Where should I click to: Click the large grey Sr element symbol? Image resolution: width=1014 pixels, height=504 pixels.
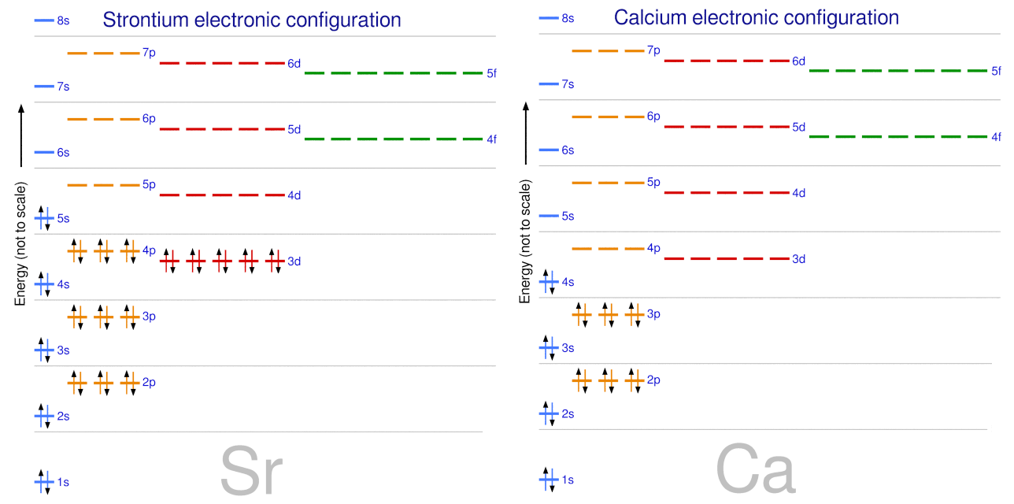coord(250,471)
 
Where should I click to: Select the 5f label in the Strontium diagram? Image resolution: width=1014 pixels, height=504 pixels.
coord(491,73)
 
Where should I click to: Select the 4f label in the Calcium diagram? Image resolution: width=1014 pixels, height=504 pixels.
coord(996,137)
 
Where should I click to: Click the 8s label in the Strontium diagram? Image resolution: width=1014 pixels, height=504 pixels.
coord(63,20)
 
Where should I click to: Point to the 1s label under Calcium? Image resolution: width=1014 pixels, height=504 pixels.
coord(568,480)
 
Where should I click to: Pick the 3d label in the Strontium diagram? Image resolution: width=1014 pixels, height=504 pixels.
coord(294,261)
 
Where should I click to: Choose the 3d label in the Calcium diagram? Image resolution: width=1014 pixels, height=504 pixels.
coord(798,259)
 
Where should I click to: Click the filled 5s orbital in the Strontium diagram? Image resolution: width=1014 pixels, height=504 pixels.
coord(44,218)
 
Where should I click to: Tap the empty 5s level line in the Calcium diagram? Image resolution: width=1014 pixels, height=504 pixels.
coord(549,216)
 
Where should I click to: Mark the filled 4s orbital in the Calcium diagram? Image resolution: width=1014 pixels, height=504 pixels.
coord(549,281)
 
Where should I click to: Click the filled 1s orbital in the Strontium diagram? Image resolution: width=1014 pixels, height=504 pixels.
coord(44,480)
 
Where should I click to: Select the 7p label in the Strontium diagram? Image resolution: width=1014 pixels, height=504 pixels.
coord(150,53)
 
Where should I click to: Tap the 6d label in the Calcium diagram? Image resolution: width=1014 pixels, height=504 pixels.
coord(798,61)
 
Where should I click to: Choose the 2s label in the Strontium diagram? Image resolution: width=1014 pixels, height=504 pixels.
coord(63,416)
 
